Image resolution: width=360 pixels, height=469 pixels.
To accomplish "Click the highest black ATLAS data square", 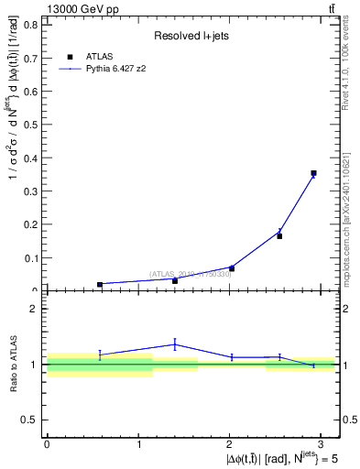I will coord(313,172).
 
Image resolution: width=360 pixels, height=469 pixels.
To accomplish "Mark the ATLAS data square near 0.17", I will coord(279,236).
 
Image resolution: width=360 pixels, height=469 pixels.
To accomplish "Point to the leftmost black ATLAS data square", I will coord(100,284).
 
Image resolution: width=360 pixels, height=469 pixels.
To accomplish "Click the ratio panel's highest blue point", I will coord(175,344).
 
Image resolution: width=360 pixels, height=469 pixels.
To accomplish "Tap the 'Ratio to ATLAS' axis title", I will coord(13,365).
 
